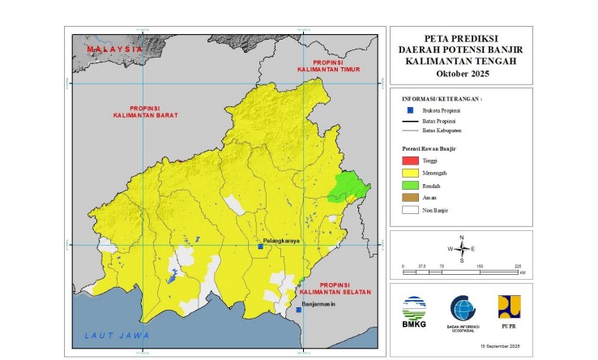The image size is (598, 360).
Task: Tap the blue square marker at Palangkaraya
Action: [260, 246]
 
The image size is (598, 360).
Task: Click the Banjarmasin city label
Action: [318, 306]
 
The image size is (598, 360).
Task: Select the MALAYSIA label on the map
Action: [114, 49]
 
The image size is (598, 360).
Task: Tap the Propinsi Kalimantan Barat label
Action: [145, 112]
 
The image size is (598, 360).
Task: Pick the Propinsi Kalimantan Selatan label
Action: [345, 289]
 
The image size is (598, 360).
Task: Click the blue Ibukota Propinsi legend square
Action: [411, 109]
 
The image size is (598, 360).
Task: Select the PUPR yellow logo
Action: [509, 307]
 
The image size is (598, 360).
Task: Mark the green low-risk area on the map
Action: [348, 187]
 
